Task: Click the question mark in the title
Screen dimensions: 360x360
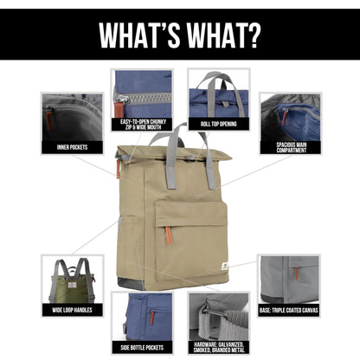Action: [251, 35]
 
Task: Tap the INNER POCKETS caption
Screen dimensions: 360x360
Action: [72, 147]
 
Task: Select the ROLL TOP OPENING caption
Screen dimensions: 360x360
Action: [218, 124]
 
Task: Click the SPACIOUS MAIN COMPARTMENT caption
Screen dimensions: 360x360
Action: [292, 147]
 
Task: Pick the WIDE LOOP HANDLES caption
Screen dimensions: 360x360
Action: [72, 310]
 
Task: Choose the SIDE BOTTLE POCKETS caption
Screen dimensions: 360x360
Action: [142, 348]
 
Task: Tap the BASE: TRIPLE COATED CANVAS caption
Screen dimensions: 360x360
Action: [289, 311]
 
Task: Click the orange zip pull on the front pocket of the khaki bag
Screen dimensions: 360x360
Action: [169, 235]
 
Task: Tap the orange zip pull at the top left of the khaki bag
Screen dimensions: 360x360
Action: [118, 168]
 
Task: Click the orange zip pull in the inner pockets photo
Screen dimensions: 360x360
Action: [48, 120]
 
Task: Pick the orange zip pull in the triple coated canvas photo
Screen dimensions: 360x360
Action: [296, 273]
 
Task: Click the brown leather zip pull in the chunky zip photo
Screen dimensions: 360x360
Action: [118, 109]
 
